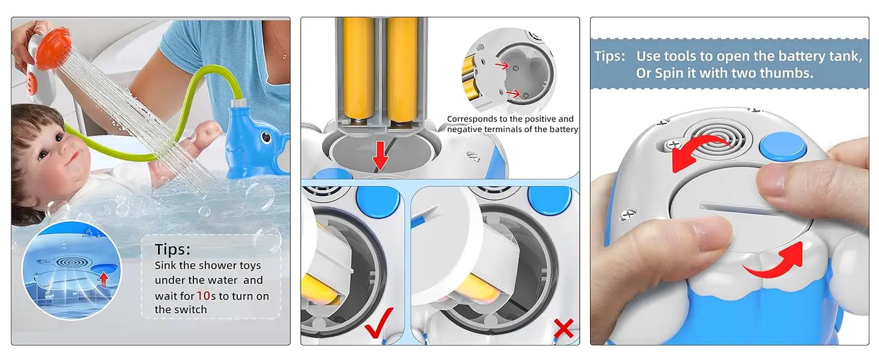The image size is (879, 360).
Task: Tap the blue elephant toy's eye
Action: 266,137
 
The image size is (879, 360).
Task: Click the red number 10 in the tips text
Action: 204,296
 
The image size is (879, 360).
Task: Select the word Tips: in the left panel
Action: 173,250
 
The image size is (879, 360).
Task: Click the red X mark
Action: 563,329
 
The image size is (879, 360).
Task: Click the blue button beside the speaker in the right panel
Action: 782,147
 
